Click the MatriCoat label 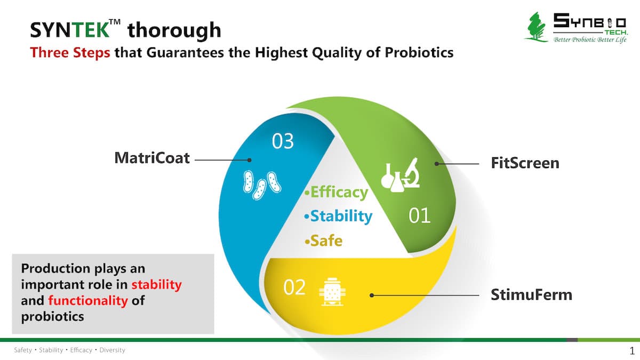pyautogui.click(x=152, y=158)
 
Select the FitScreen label pyautogui.click(x=525, y=163)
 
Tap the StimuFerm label pyautogui.click(x=531, y=295)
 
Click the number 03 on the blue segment pyautogui.click(x=283, y=141)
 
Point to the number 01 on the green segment pyautogui.click(x=419, y=215)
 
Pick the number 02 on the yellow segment pyautogui.click(x=294, y=287)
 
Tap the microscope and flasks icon pyautogui.click(x=401, y=175)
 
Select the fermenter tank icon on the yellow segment pyautogui.click(x=332, y=292)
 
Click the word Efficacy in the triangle pyautogui.click(x=339, y=193)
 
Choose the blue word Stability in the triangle pyautogui.click(x=341, y=216)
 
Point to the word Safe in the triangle pyautogui.click(x=326, y=241)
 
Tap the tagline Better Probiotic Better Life pyautogui.click(x=590, y=39)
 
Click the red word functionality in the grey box pyautogui.click(x=87, y=301)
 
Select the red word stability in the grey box pyautogui.click(x=157, y=285)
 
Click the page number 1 pyautogui.click(x=631, y=350)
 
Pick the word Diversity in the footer pyautogui.click(x=113, y=350)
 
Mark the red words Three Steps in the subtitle pyautogui.click(x=70, y=53)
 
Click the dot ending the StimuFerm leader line pyautogui.click(x=372, y=295)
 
